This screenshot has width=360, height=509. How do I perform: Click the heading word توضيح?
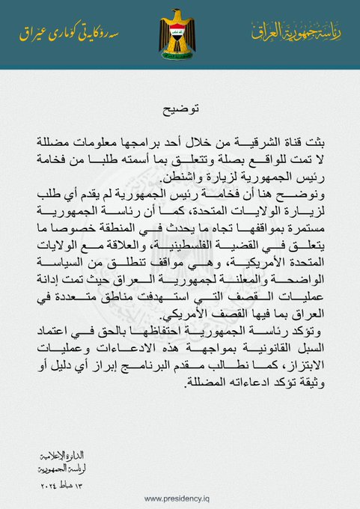pyautogui.click(x=180, y=109)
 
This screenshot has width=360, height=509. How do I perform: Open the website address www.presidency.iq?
pyautogui.click(x=180, y=498)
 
